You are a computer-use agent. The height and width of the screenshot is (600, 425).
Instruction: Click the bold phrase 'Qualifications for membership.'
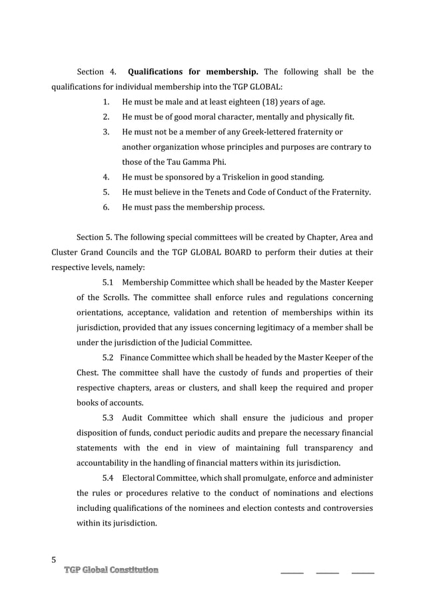(193, 72)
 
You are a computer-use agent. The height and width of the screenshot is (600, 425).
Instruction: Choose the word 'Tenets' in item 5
(220, 192)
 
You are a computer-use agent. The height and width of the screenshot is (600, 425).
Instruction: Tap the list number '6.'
(106, 208)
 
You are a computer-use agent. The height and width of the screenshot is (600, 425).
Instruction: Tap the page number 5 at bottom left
(55, 559)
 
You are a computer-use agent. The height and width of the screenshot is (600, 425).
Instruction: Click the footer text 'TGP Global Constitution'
(111, 570)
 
